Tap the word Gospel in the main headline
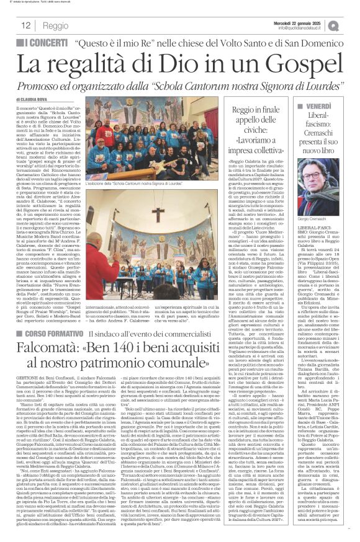(x=302, y=63)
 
